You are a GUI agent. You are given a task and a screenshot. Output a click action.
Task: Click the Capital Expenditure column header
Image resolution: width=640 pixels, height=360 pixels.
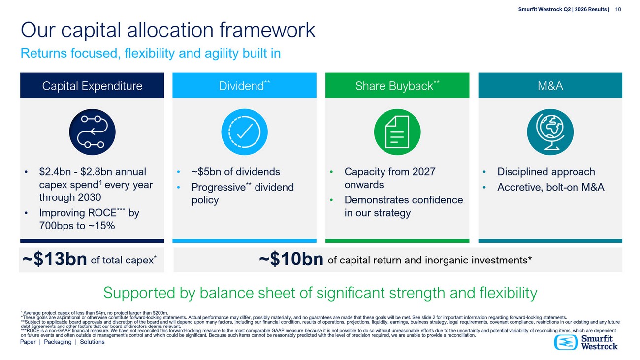(x=92, y=85)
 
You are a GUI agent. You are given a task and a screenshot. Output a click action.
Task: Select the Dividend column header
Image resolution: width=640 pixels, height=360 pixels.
(x=244, y=85)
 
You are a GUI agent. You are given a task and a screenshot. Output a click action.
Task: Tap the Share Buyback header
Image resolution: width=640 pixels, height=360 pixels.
(x=397, y=85)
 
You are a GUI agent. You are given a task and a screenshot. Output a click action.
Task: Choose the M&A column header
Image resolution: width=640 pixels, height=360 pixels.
(x=550, y=85)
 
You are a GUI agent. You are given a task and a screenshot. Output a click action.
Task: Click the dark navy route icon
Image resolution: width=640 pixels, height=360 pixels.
(x=92, y=132)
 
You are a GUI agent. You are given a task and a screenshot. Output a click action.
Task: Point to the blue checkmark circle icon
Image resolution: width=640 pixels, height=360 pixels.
(x=244, y=132)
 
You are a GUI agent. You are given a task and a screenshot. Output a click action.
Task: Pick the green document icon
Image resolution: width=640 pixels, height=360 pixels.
(x=397, y=132)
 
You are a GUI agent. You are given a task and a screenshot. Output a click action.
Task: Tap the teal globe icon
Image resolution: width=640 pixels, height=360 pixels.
(x=550, y=132)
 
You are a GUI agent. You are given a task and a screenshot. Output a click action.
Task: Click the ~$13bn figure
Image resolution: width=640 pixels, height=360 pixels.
(x=55, y=259)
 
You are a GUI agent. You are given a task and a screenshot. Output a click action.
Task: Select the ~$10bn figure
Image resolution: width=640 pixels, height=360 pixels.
(x=291, y=259)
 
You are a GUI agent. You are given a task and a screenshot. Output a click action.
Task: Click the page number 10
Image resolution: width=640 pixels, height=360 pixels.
(x=618, y=9)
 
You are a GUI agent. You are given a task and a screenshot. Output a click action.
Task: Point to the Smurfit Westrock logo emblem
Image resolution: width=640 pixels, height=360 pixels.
(x=566, y=342)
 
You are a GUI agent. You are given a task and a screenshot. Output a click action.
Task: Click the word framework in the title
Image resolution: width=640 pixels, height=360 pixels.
(x=267, y=30)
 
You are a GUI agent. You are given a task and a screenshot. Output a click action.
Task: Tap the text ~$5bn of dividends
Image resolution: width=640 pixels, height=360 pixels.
(x=236, y=172)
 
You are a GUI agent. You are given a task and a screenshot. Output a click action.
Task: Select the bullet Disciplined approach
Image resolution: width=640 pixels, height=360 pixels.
(x=546, y=172)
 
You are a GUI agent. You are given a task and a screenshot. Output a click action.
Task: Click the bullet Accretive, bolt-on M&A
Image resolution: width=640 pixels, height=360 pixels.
(x=550, y=187)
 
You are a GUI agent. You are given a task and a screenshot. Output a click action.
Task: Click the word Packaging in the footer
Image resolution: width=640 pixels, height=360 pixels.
(x=58, y=342)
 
